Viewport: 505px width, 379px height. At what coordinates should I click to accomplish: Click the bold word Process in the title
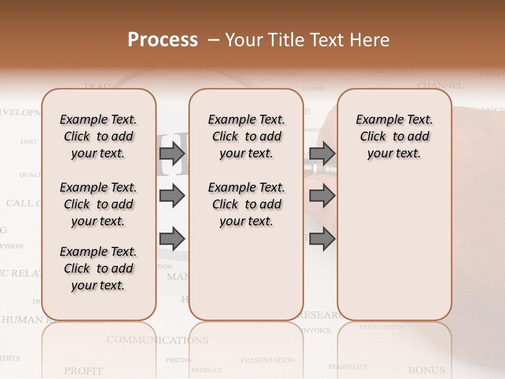[163, 40]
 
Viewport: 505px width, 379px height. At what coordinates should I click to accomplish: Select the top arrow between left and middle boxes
[172, 153]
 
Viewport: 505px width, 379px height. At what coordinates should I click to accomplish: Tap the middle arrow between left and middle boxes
[172, 196]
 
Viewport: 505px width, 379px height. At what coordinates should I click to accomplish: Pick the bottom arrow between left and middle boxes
[172, 238]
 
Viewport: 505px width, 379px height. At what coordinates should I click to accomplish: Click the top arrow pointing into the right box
[322, 153]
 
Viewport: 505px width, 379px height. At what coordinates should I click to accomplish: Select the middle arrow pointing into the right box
[322, 196]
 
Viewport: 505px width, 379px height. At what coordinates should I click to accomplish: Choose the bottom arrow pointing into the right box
[322, 238]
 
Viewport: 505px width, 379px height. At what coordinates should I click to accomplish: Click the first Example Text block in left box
[98, 136]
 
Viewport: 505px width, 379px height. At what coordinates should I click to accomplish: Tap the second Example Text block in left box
[98, 204]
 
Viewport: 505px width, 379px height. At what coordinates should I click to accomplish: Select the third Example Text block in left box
[98, 268]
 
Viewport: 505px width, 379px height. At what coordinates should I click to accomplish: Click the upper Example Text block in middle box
[246, 136]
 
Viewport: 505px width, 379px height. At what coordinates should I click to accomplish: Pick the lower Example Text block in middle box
[246, 204]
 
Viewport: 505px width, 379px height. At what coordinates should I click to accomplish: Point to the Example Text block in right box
[394, 136]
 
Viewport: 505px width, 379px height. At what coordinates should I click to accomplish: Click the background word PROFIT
[83, 371]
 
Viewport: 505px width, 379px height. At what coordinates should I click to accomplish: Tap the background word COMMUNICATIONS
[157, 340]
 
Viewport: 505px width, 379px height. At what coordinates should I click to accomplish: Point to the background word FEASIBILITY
[348, 366]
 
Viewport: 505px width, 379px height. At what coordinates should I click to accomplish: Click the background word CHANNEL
[440, 85]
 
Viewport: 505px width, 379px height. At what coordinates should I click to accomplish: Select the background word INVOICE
[316, 331]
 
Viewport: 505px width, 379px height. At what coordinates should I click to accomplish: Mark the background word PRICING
[179, 360]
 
